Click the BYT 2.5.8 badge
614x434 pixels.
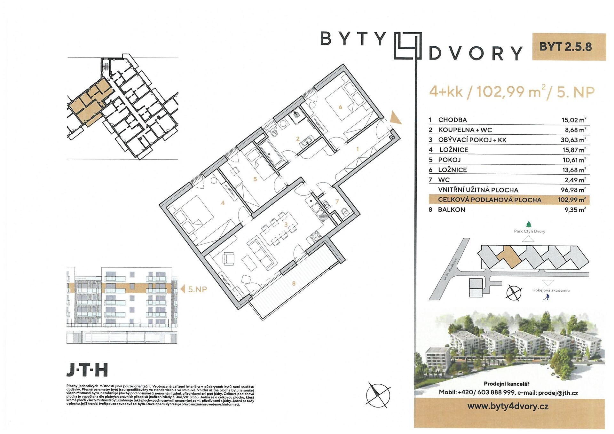pos(569,47)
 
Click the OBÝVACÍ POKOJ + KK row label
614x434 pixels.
pos(472,140)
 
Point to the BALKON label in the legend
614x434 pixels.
pos(452,210)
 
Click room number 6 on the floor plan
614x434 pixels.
pos(341,107)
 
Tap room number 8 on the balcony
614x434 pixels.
pos(294,283)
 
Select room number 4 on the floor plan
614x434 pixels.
pos(223,203)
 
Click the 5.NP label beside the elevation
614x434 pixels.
pos(198,289)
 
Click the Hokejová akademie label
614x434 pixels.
pos(551,290)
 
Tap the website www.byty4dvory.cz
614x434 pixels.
pos(508,406)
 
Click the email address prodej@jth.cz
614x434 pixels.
pos(558,393)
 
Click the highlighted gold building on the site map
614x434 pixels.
pos(508,256)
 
